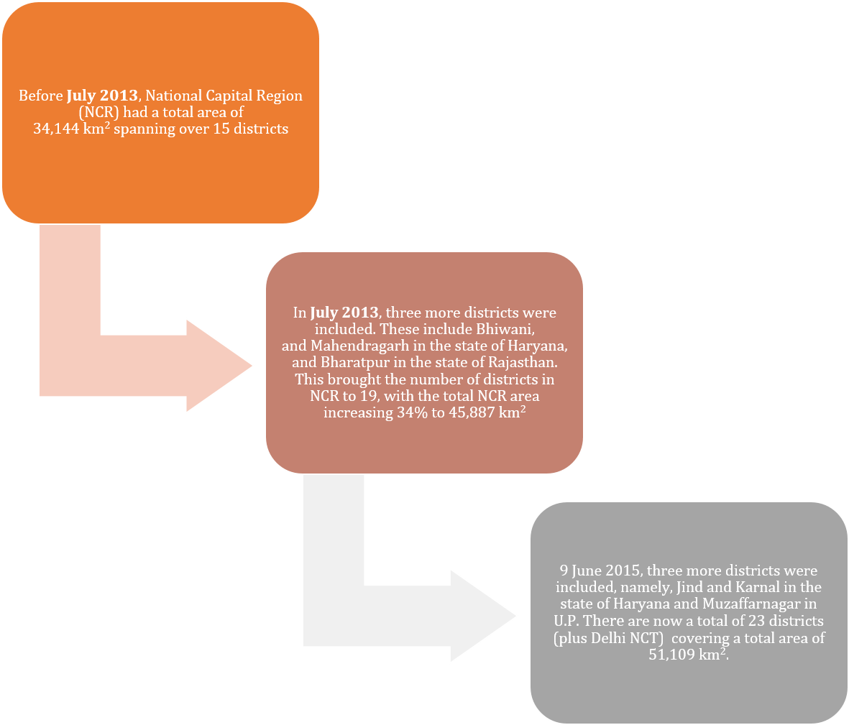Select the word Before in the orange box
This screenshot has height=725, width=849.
point(40,96)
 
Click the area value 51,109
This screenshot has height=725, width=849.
point(671,655)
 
